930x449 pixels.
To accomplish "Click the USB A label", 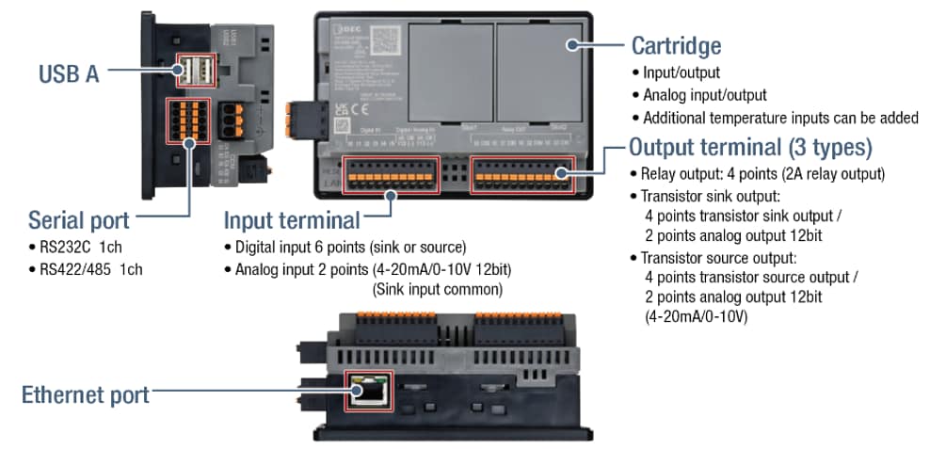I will click(69, 73).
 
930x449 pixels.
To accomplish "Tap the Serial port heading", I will click(79, 221).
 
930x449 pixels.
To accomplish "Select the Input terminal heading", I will click(292, 221).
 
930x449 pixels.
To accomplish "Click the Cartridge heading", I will click(676, 44).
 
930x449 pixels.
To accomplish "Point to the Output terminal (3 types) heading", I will click(750, 148).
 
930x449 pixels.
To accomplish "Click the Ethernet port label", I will click(86, 394).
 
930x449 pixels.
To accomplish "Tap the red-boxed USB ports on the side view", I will click(197, 71).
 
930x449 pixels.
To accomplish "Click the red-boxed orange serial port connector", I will click(188, 120).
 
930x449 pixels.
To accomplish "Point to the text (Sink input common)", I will click(432, 290).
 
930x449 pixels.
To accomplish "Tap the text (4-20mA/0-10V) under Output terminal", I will click(696, 317).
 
